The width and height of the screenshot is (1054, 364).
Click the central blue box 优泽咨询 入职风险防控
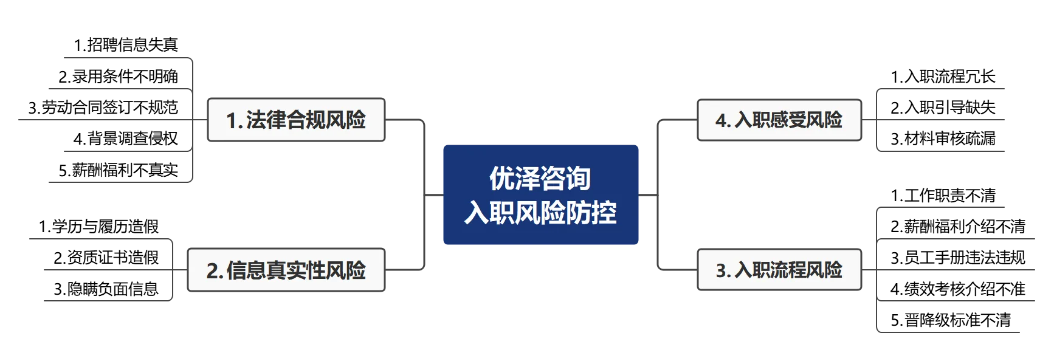(542, 194)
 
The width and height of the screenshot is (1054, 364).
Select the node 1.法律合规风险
(295, 120)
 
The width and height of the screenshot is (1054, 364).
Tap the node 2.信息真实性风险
(286, 270)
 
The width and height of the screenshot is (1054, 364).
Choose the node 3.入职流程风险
(779, 270)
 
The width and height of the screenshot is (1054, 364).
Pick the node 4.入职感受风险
(779, 120)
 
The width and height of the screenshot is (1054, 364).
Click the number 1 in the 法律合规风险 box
(232, 120)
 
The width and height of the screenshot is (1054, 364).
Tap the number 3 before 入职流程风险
(721, 270)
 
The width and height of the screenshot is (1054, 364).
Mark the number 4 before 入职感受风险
(721, 120)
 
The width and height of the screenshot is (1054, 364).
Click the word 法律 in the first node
(266, 120)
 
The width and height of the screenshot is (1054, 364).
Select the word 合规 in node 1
(306, 120)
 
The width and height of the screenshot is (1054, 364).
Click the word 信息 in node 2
(246, 270)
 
